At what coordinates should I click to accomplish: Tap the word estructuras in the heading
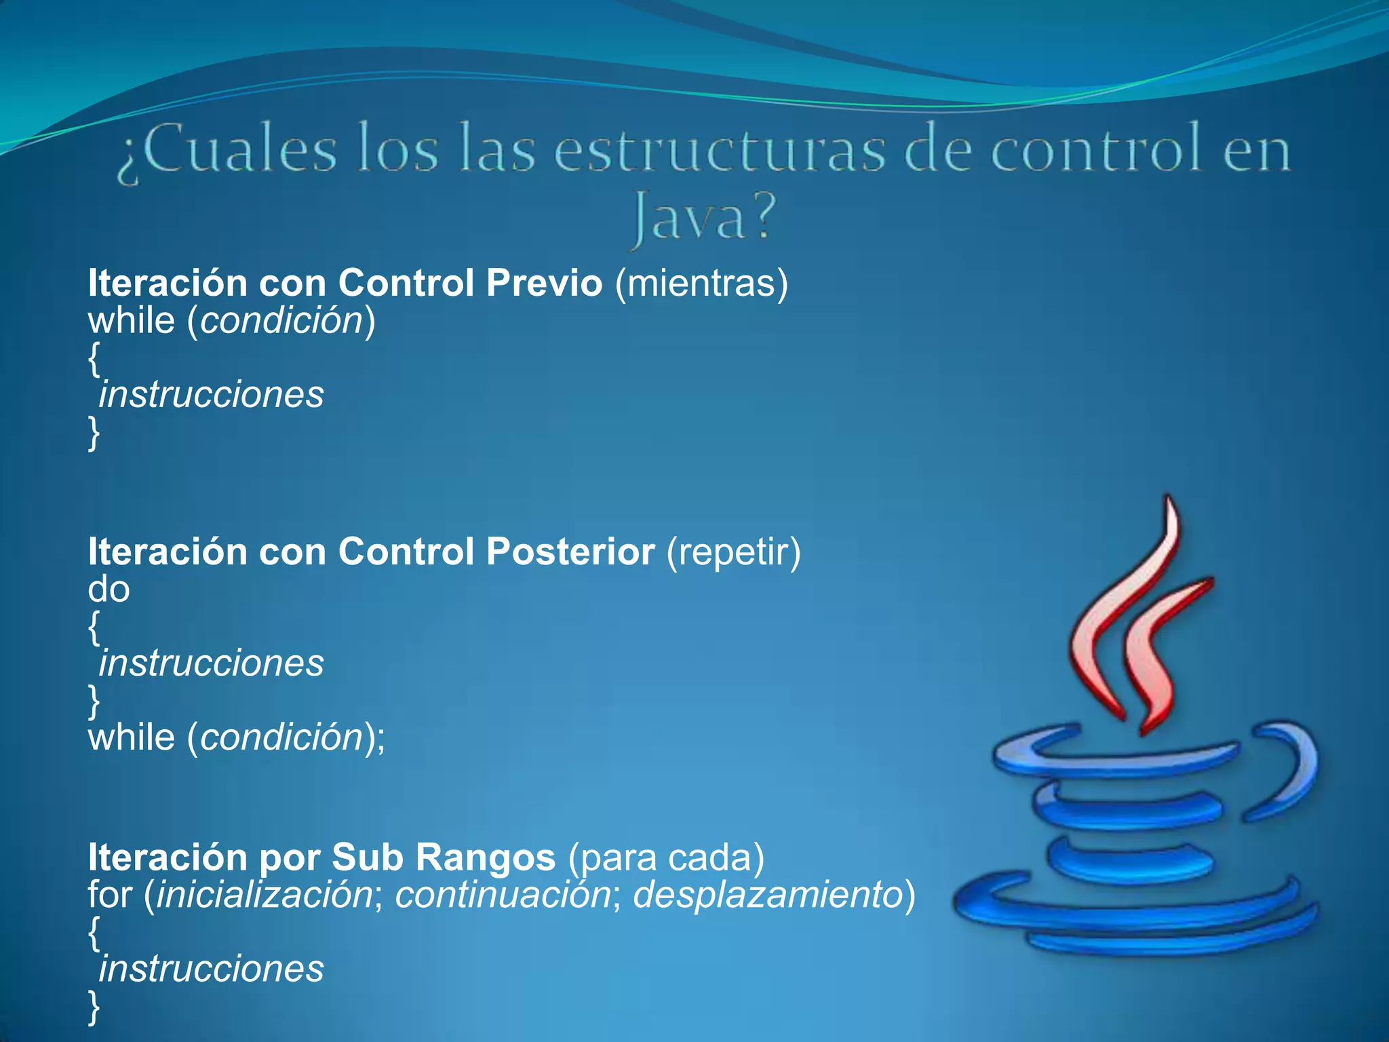click(720, 151)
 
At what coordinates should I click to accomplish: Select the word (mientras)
click(701, 284)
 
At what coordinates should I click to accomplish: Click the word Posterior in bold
click(570, 552)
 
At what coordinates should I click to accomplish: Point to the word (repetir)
click(733, 552)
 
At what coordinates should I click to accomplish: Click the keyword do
click(109, 589)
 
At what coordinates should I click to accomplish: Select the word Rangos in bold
click(485, 857)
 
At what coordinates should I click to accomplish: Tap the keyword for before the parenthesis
click(109, 894)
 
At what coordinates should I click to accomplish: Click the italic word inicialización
click(265, 894)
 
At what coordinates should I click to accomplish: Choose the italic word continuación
click(503, 894)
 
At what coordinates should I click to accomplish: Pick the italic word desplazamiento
click(767, 894)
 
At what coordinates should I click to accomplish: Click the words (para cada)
click(666, 857)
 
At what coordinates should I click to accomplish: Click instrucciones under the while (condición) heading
click(211, 395)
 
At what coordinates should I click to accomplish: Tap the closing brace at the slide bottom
click(94, 1007)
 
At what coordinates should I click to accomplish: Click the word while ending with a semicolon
click(131, 737)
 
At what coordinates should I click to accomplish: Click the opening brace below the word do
click(94, 627)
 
